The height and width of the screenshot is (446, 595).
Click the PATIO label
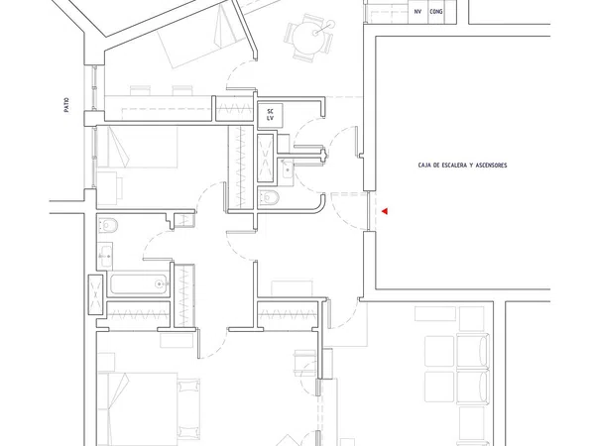pos(66,105)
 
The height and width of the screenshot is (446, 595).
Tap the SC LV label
pos(270,115)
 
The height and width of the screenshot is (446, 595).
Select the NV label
pos(417,12)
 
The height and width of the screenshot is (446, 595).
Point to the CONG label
pos(436,12)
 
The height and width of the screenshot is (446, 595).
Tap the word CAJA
pos(422,166)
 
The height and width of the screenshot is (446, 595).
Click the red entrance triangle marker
pos(385,211)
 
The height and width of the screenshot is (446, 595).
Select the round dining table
pos(308,37)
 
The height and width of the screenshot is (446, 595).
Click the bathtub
pos(139,284)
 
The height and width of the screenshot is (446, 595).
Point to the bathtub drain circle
pos(159,283)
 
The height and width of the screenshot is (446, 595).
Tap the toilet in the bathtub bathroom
pos(108,225)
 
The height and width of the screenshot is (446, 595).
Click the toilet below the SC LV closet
pos(269,197)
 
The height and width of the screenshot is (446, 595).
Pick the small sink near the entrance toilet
pos(287,168)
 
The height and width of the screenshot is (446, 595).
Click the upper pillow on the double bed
pos(188,387)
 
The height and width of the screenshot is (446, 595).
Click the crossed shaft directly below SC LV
pos(266,158)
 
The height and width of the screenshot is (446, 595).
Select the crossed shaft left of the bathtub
pos(95,294)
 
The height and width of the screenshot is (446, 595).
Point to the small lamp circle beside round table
pos(331,24)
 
